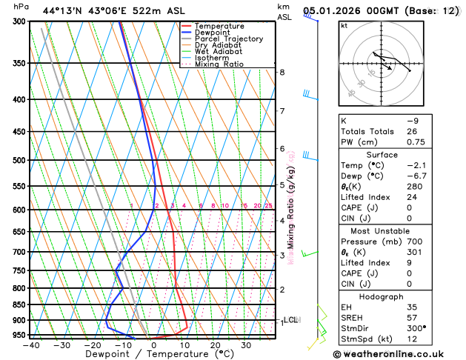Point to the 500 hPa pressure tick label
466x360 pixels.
[20, 160]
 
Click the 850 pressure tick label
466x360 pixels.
[20, 304]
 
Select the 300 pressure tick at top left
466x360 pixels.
[20, 21]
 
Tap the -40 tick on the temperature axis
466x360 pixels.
[30, 344]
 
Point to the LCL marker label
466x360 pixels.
[291, 320]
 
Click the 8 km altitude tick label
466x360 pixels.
[282, 72]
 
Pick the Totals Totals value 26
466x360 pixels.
[412, 131]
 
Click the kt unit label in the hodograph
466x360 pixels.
[344, 25]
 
